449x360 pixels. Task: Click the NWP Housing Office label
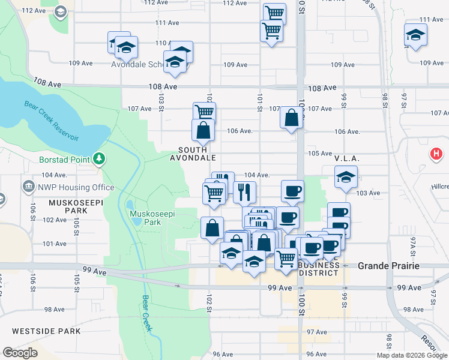[76, 187]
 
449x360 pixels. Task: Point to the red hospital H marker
[437, 155]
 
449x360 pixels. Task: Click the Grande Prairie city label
[388, 265]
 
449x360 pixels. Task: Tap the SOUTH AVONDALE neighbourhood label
[192, 154]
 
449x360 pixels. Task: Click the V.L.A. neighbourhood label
[346, 158]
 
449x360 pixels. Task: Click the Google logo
[20, 353]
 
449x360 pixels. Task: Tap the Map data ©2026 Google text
[412, 355]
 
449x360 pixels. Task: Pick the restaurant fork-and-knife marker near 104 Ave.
[244, 191]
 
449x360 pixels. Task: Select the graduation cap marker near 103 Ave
[346, 176]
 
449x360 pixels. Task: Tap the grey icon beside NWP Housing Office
[28, 187]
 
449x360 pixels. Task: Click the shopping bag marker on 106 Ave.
[203, 130]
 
